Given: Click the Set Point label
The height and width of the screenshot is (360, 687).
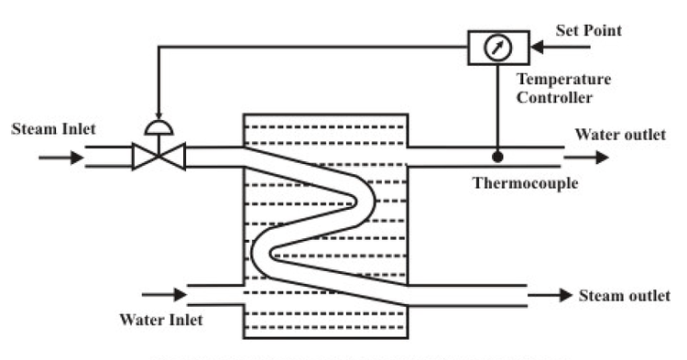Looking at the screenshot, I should (x=589, y=31).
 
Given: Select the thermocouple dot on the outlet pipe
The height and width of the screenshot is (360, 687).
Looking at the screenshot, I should (x=496, y=157).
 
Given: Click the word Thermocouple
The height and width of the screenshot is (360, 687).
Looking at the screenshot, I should (x=525, y=182).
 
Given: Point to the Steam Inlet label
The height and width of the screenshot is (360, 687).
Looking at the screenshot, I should (x=53, y=129).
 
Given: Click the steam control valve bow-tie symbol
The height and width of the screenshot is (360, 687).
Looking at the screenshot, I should (x=158, y=157).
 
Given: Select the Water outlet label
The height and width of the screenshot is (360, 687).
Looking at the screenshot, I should (x=620, y=136).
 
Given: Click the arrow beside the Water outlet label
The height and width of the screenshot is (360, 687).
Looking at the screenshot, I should (x=591, y=157).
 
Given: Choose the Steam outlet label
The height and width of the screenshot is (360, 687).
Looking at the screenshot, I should (x=624, y=295).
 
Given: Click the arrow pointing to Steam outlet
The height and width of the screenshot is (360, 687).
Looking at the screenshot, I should (x=551, y=296).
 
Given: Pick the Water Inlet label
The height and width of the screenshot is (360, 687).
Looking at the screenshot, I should (x=161, y=320).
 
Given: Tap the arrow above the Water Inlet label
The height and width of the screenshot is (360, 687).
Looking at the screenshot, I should (x=165, y=295).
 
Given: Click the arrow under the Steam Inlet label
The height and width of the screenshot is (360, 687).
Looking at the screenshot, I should (x=60, y=158).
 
